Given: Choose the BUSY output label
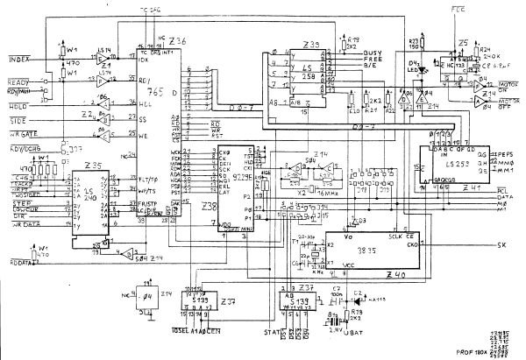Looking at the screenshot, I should click(x=373, y=53).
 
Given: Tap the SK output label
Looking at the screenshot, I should click(x=501, y=243).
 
